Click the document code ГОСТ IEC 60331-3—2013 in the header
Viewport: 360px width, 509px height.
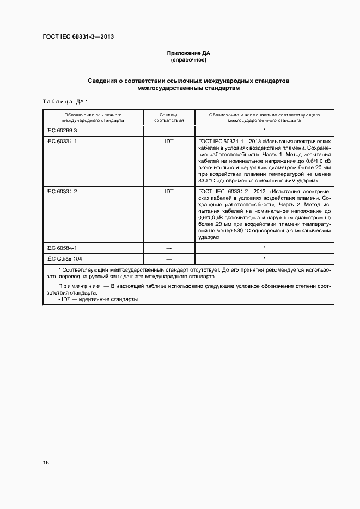point(78,37)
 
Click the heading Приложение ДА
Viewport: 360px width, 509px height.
point(188,53)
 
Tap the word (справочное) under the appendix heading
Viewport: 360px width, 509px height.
point(188,60)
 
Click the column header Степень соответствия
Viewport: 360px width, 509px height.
point(168,118)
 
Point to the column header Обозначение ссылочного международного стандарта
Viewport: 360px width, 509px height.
point(93,118)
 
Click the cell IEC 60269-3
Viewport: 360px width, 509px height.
point(62,131)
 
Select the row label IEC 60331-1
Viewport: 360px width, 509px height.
point(62,141)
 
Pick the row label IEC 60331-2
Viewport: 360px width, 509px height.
point(62,192)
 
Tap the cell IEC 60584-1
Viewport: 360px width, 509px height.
point(62,248)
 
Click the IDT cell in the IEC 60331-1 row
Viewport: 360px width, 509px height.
point(169,141)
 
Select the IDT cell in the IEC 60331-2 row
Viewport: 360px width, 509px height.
point(169,192)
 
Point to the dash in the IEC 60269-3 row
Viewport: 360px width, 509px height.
point(169,131)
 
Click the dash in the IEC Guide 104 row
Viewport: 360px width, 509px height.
point(169,259)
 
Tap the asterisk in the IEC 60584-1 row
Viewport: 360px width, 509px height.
point(264,247)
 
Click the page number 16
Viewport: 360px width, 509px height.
point(46,462)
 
